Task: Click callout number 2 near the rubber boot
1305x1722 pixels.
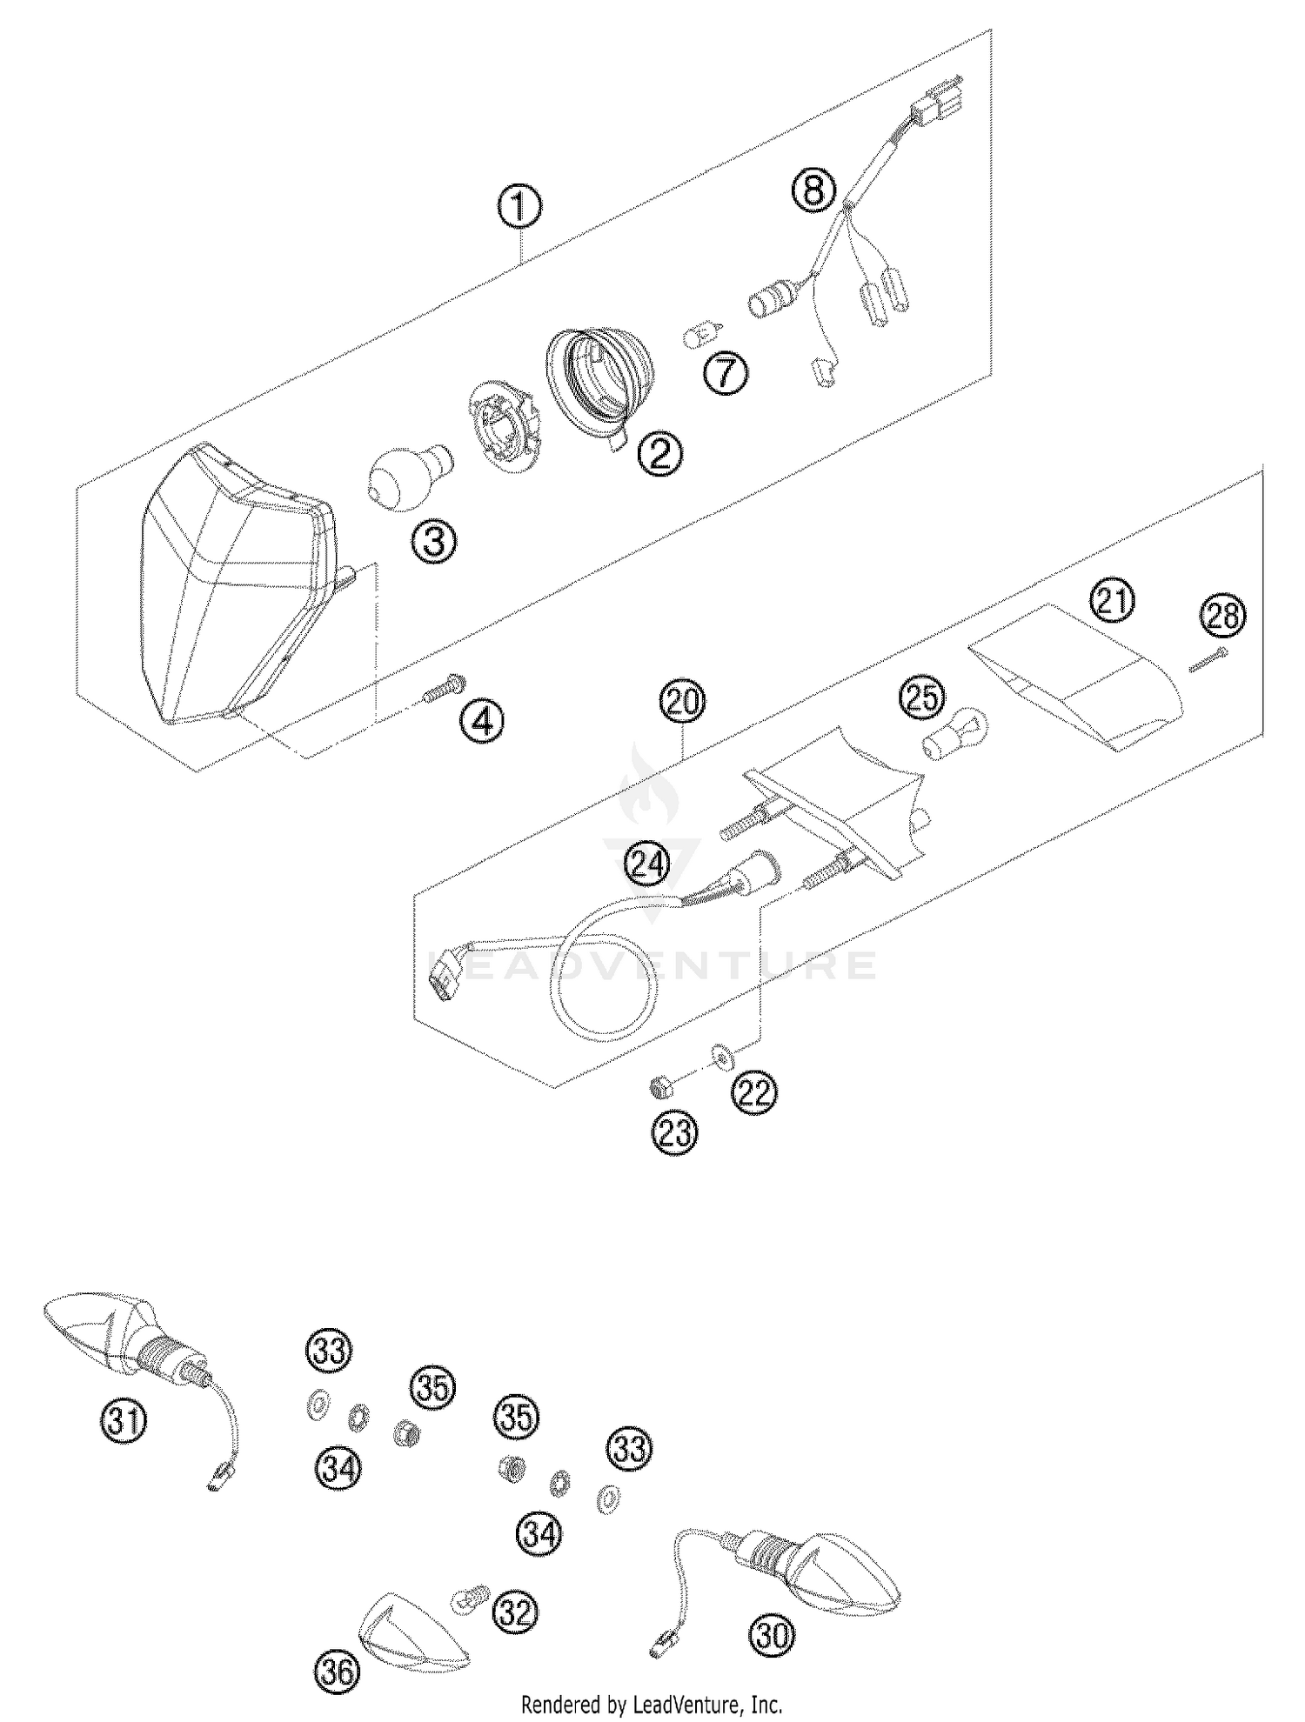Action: point(659,453)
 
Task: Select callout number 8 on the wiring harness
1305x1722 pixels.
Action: point(813,190)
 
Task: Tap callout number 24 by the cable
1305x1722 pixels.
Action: point(648,864)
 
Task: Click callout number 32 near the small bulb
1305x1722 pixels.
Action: point(514,1613)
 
